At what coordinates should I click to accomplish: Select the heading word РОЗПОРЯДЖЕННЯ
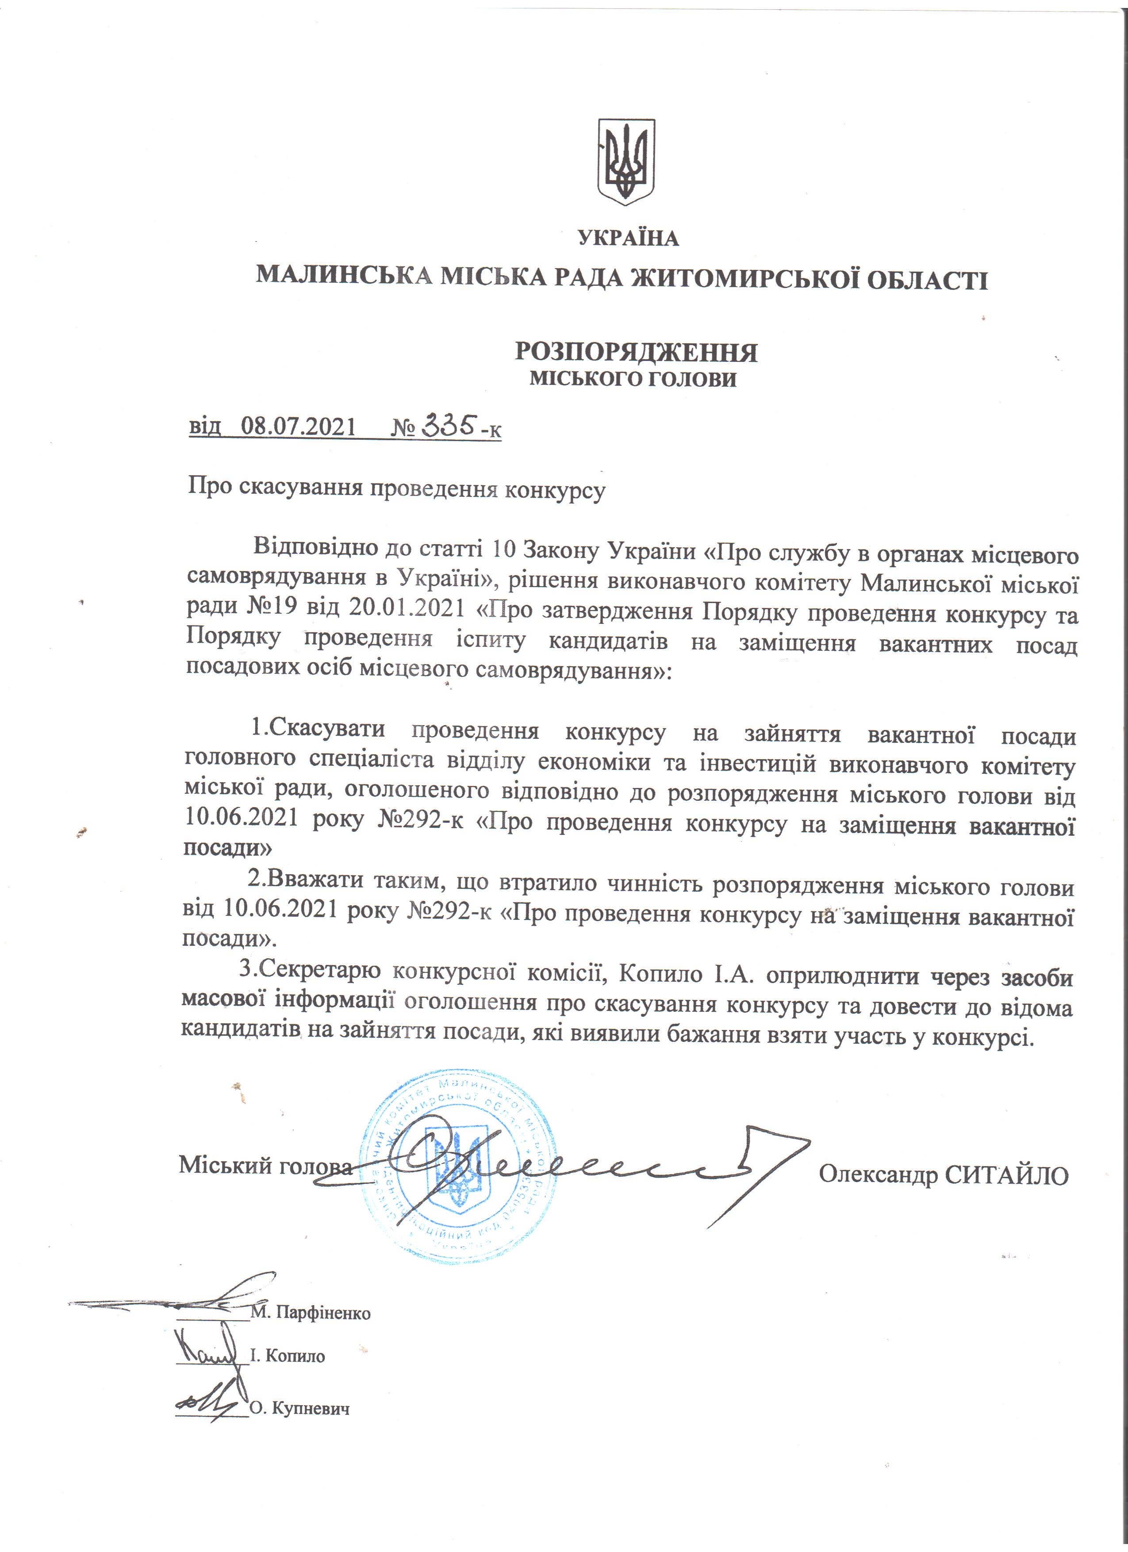coord(636,353)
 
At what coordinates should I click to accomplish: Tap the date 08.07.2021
coord(299,426)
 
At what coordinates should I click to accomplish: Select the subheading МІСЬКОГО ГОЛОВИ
coord(633,379)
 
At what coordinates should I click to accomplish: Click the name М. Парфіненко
coord(311,1313)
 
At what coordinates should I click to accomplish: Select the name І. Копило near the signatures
coord(287,1355)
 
